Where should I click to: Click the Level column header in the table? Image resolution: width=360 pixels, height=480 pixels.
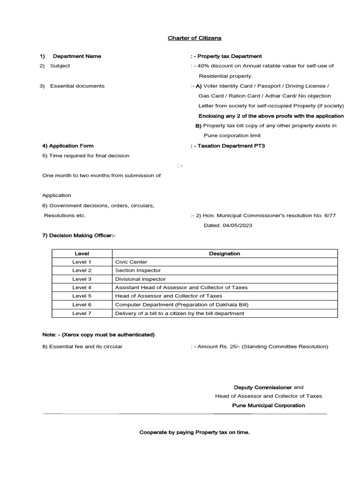82,254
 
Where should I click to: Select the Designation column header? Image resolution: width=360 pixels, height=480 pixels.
224,254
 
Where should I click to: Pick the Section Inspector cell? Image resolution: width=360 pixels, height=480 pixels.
138,270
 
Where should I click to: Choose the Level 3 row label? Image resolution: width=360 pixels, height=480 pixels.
82,279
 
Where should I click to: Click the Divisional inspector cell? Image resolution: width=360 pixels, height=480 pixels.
140,279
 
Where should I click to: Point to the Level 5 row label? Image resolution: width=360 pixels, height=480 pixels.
82,296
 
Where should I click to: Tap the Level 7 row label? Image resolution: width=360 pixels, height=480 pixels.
82,313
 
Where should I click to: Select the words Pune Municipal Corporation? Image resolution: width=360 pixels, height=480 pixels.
269,405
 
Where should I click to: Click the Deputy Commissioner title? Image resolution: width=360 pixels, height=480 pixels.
263,387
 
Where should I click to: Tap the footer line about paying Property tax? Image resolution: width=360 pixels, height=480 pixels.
195,432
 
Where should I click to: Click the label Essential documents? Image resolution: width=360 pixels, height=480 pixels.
77,86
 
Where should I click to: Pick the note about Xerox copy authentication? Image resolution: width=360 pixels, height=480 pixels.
98,335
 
